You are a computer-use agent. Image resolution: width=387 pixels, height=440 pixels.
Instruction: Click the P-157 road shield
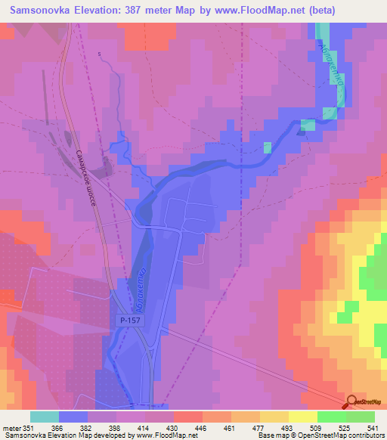(128, 321)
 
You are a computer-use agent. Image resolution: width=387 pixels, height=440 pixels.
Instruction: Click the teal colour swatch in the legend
(45, 417)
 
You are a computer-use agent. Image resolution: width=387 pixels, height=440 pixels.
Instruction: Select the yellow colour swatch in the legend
(303, 417)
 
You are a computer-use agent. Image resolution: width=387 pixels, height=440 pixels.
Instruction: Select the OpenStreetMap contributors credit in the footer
(333, 435)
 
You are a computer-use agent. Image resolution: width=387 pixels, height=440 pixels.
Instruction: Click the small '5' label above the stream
(99, 54)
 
